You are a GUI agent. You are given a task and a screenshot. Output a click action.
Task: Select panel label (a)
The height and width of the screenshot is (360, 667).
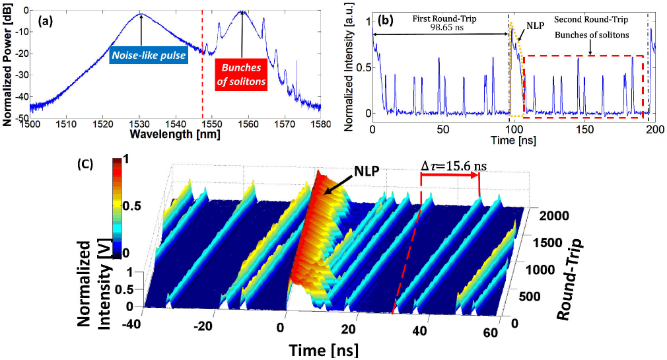click(x=46, y=20)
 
